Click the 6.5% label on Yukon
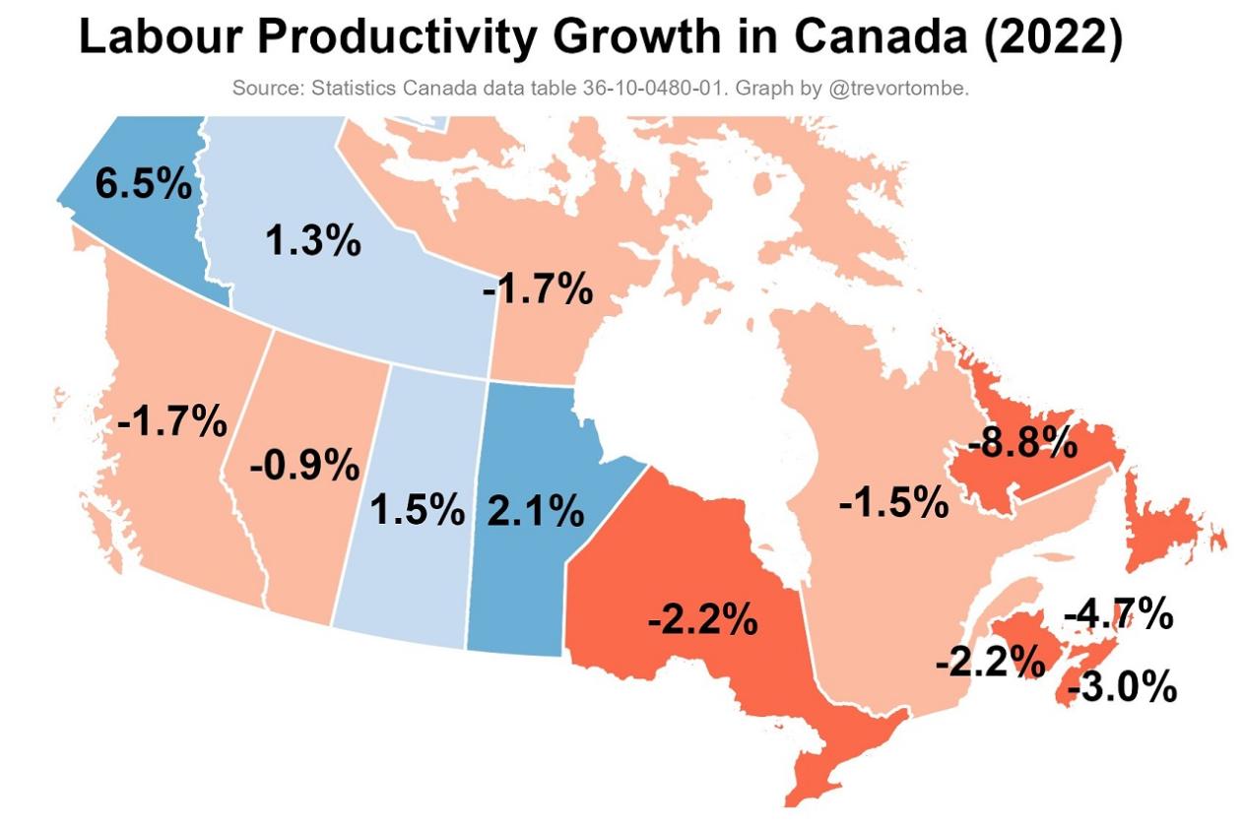click(x=143, y=184)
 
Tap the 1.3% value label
click(x=313, y=240)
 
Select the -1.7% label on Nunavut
click(x=538, y=290)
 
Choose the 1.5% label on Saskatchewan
click(x=417, y=510)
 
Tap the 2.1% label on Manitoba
click(x=536, y=511)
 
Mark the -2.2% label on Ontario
click(x=702, y=620)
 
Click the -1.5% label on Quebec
click(x=893, y=503)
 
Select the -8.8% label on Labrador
click(x=1022, y=443)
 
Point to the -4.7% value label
click(x=1118, y=615)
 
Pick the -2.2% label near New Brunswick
click(x=989, y=663)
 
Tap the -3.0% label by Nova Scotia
click(x=1121, y=687)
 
